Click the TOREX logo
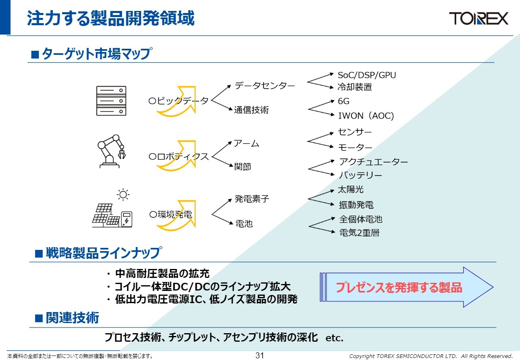[x=478, y=18]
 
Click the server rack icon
[x=111, y=100]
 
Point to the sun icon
[x=123, y=195]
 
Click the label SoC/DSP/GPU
[x=366, y=75]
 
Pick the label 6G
[x=343, y=102]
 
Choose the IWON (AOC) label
[x=366, y=116]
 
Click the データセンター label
[x=265, y=86]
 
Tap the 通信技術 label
[x=251, y=110]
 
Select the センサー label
[x=355, y=132]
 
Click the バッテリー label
[x=360, y=176]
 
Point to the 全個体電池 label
[x=361, y=219]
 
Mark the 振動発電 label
[x=356, y=205]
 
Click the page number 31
[x=260, y=356]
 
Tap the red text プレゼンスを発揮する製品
[x=399, y=288]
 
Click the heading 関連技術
[x=72, y=318]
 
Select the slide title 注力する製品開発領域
[x=110, y=19]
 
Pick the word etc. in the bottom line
[x=334, y=338]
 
